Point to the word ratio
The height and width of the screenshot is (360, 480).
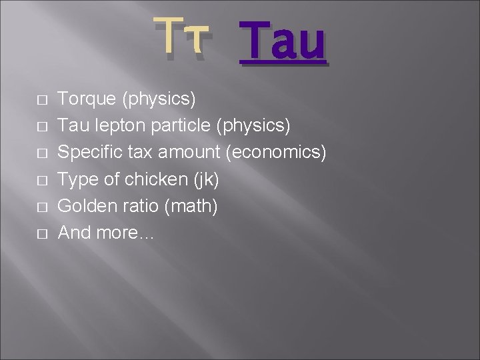[x=134, y=205]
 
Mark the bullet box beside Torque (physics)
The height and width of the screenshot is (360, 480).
[x=42, y=100]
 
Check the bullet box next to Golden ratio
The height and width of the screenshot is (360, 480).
[x=42, y=207]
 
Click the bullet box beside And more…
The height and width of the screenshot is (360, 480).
[x=42, y=233]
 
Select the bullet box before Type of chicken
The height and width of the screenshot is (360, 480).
[x=42, y=180]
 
